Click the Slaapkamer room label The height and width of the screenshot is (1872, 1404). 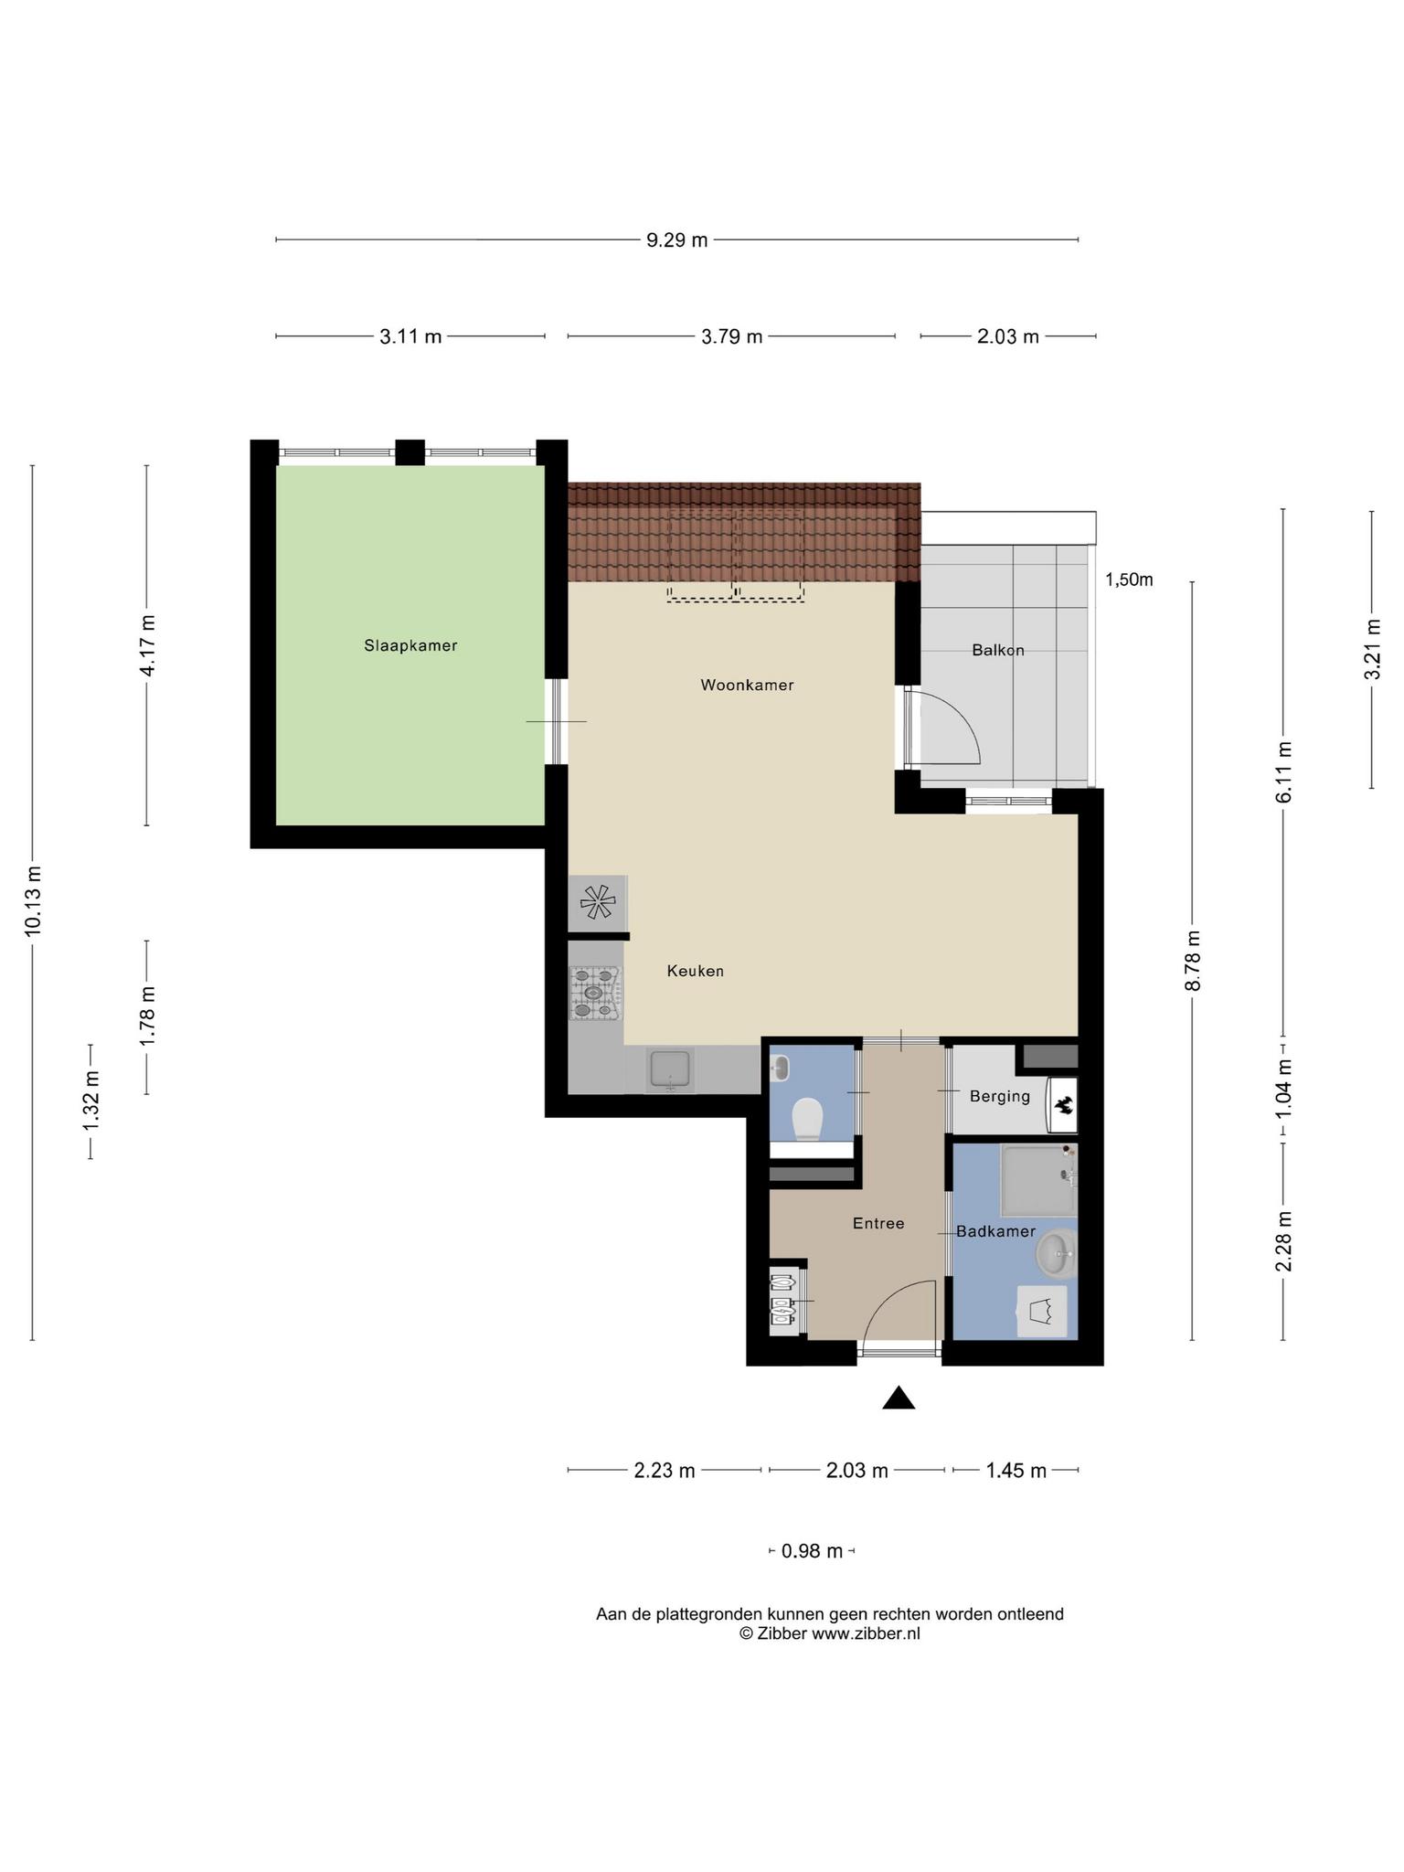[x=410, y=645]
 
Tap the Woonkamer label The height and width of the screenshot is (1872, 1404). [x=747, y=685]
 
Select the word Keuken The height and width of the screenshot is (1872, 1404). [x=696, y=971]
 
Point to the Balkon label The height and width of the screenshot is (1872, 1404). [x=998, y=650]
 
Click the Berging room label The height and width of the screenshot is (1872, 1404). [x=1000, y=1096]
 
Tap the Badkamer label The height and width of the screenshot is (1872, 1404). [x=996, y=1231]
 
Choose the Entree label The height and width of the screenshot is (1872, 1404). [x=878, y=1223]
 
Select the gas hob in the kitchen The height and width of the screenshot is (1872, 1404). [x=595, y=994]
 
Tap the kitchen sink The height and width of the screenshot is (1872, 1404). [x=671, y=1069]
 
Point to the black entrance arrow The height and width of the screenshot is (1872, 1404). [x=899, y=1398]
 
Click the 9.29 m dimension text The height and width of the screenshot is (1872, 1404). [x=677, y=240]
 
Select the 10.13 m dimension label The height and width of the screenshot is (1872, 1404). [x=33, y=900]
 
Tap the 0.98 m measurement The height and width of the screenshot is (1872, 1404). [x=812, y=1550]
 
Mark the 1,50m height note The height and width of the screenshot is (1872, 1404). [x=1129, y=580]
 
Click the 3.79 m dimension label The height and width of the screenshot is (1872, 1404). [x=731, y=336]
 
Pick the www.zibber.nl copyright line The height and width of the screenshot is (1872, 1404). [x=830, y=1633]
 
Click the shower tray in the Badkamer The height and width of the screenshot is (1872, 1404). [x=1039, y=1179]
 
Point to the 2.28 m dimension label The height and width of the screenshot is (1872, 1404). [x=1283, y=1240]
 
